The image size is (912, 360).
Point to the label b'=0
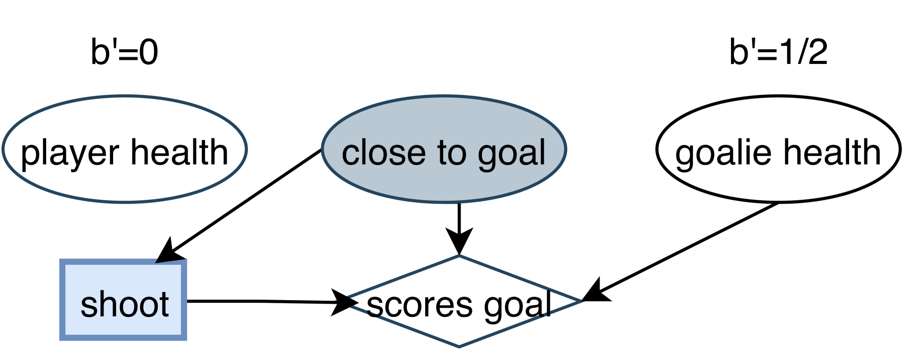tap(124, 52)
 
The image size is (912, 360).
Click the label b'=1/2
tap(778, 52)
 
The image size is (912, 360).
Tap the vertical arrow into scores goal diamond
tap(459, 223)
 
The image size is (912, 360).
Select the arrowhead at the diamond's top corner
tap(459, 241)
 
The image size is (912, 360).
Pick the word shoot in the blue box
tap(124, 305)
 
